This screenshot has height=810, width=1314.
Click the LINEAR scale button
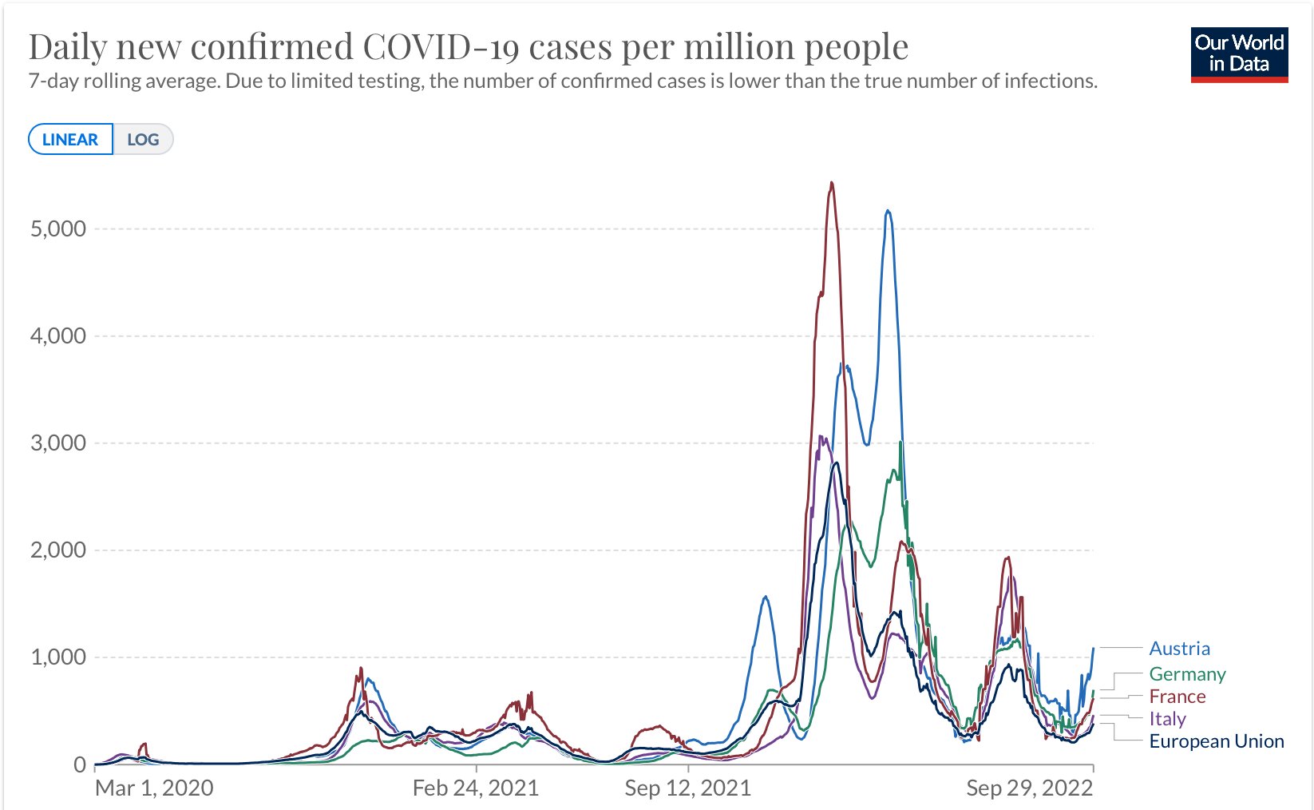(70, 140)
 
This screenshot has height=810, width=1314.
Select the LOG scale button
(143, 140)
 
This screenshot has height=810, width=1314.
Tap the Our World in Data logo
(1239, 54)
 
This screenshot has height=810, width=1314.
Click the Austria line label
(1179, 649)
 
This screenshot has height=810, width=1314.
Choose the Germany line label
(1187, 674)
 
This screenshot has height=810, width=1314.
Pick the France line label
(1177, 697)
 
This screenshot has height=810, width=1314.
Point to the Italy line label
(1167, 719)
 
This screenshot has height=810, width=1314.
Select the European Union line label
(1216, 741)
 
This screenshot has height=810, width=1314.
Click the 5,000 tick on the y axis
(57, 229)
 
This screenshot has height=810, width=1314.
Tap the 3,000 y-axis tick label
(57, 443)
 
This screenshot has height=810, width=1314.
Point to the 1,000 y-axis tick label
(57, 657)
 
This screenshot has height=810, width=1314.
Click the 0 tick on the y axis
(79, 765)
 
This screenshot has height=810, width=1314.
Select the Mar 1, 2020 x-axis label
(154, 788)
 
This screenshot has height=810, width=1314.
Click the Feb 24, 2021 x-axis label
(476, 788)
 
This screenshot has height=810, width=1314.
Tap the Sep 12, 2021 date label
(687, 788)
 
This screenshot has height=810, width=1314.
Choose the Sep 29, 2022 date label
(1029, 788)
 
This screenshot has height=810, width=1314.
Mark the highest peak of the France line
(832, 183)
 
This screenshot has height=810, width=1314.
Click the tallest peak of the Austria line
(888, 211)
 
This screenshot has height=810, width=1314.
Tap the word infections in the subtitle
(1052, 81)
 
